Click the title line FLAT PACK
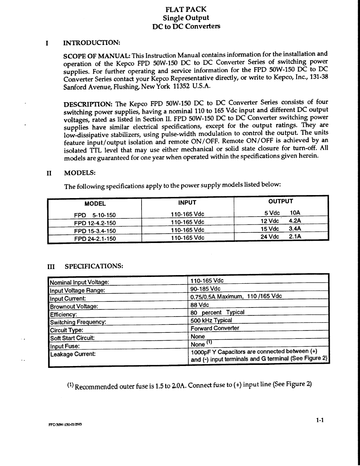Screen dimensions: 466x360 [186, 9]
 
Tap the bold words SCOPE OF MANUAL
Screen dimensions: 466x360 [97, 56]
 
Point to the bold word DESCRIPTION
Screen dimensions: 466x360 [88, 104]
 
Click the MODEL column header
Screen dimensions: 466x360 [95, 203]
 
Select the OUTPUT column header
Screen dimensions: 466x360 [280, 201]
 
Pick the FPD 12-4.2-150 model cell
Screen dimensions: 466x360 [95, 223]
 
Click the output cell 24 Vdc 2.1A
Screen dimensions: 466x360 [281, 237]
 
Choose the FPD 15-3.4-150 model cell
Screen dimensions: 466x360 [95, 231]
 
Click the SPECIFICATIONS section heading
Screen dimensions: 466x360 [94, 266]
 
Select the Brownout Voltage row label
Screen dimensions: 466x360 [74, 306]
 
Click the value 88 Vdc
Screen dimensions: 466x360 [200, 305]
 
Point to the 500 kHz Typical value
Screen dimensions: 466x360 [211, 320]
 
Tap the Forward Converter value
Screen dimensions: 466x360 [215, 328]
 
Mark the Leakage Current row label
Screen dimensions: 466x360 [73, 354]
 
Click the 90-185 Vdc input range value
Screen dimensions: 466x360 [205, 289]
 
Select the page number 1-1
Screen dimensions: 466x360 [320, 420]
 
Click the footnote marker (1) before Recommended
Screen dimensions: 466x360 [71, 385]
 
